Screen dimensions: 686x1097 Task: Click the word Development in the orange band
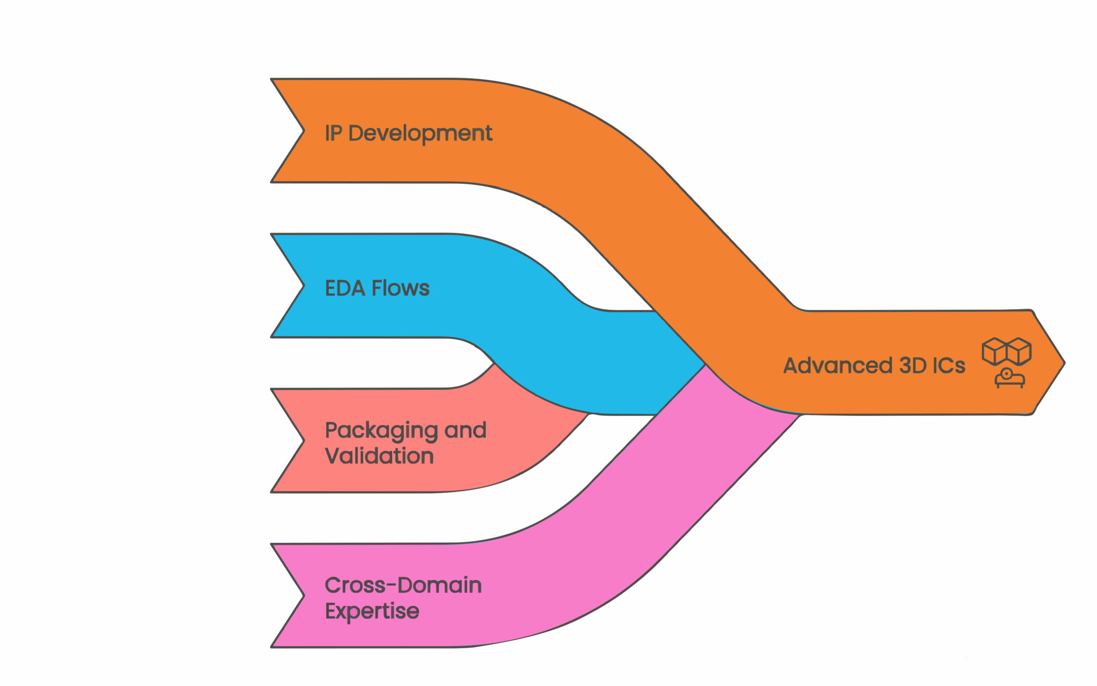(x=420, y=133)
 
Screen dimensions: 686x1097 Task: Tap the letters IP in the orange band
(x=333, y=133)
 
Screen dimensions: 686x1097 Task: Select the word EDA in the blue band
(x=345, y=288)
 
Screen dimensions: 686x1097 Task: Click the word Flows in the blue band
(x=400, y=288)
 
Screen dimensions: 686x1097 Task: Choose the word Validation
(x=379, y=456)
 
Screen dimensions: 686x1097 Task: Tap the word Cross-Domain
(x=403, y=585)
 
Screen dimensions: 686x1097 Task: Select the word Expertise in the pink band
(x=372, y=611)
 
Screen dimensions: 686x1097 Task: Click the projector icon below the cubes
(x=1010, y=378)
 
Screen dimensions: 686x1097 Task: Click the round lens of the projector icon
(x=1007, y=374)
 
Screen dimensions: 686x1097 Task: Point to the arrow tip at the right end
(x=1063, y=363)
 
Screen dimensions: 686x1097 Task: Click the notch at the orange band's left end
(x=303, y=131)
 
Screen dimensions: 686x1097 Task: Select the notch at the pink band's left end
(x=303, y=595)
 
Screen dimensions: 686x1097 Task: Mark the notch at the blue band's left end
(x=303, y=286)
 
